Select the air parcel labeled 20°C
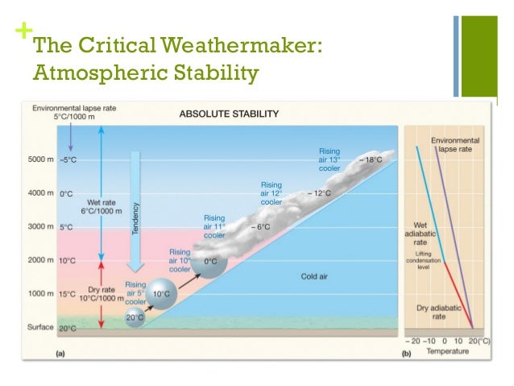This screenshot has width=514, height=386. pos(134,319)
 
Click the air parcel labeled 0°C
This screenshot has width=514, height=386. pos(211,263)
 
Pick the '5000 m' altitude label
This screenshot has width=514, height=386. pos(40,160)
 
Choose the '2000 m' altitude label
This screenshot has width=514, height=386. pos(40,260)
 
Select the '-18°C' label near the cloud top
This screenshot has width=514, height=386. pos(371,160)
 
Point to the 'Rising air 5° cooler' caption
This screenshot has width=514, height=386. pos(135,293)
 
